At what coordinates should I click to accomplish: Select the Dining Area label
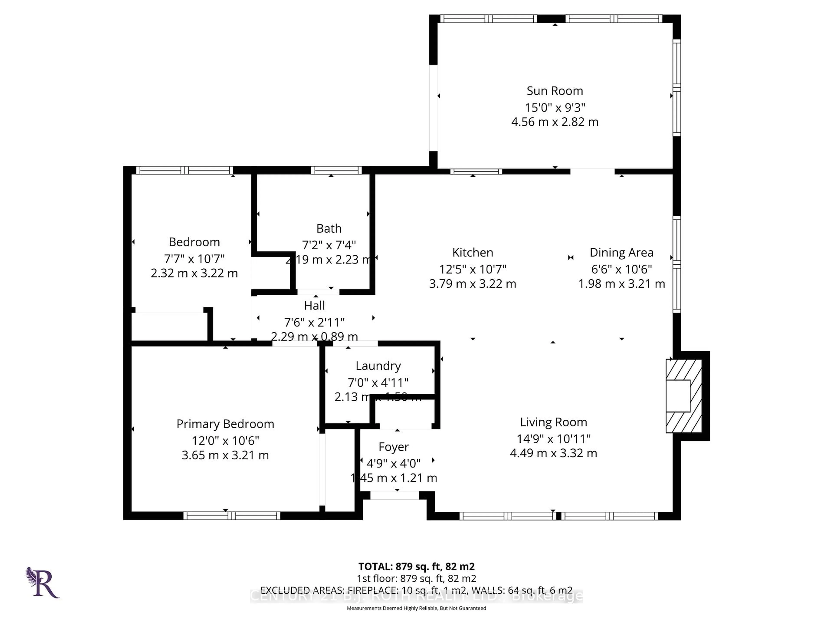pyautogui.click(x=621, y=252)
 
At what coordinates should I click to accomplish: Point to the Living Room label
pyautogui.click(x=553, y=422)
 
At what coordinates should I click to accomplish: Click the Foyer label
pyautogui.click(x=394, y=447)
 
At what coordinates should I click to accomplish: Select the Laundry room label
pyautogui.click(x=378, y=366)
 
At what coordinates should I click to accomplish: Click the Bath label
pyautogui.click(x=329, y=228)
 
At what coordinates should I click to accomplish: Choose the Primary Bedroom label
pyautogui.click(x=225, y=424)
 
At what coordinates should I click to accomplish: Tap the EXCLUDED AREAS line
pyautogui.click(x=416, y=590)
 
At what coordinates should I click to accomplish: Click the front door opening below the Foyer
pyautogui.click(x=394, y=495)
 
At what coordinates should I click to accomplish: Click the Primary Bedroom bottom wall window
pyautogui.click(x=232, y=516)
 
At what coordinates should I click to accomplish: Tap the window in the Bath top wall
pyautogui.click(x=336, y=170)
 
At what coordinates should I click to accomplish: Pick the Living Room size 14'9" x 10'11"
pyautogui.click(x=553, y=439)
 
